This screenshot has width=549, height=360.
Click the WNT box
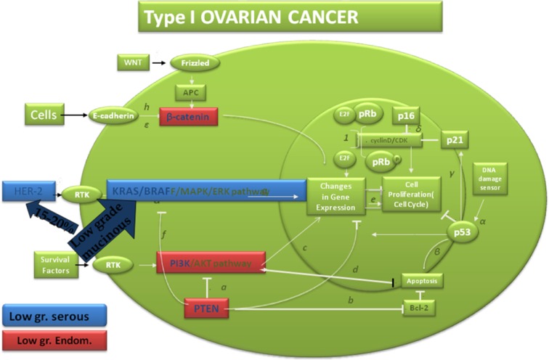click(x=133, y=63)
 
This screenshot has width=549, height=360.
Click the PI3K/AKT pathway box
click(x=211, y=263)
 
